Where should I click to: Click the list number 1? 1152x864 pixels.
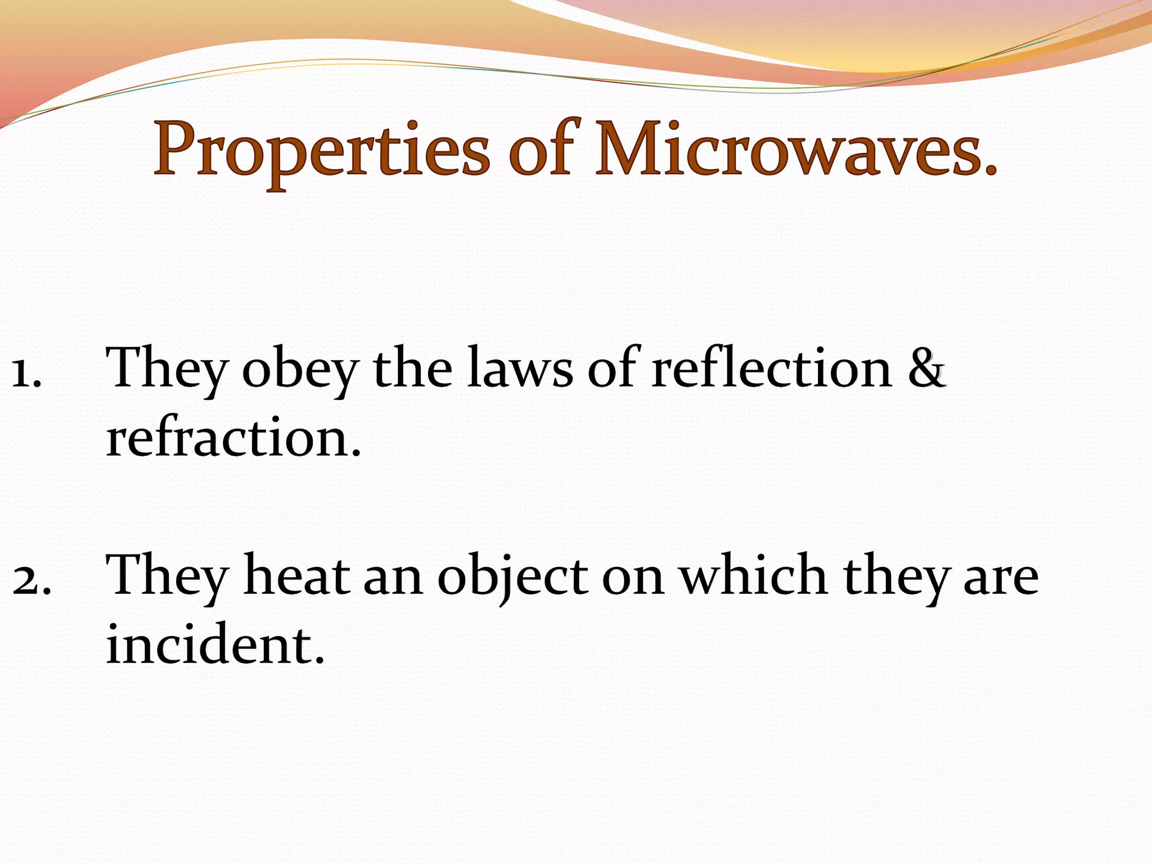(26, 373)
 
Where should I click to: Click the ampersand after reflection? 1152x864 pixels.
(926, 368)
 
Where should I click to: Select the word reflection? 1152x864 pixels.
(771, 368)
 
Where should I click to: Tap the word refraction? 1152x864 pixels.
(233, 439)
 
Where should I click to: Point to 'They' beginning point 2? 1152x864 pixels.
(165, 577)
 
